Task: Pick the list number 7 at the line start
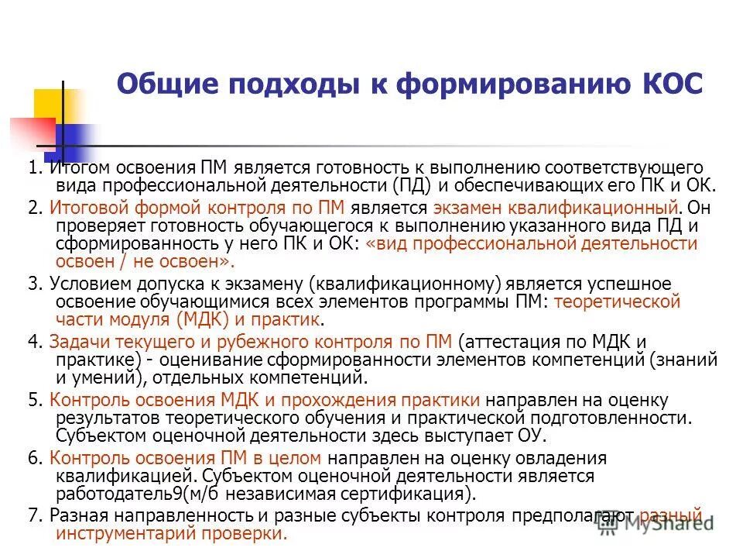(x=32, y=515)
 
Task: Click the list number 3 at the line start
(x=32, y=283)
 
